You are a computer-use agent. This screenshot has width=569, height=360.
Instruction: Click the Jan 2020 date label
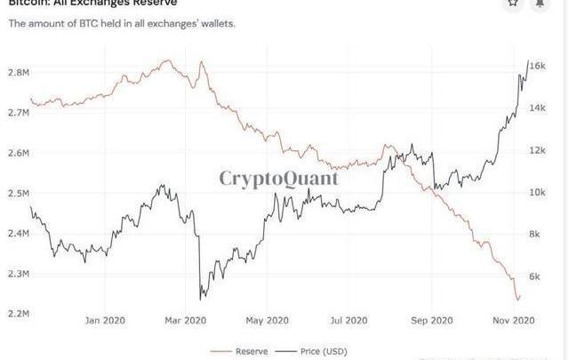pyautogui.click(x=107, y=321)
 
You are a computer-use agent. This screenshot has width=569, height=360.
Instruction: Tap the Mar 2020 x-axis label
pyautogui.click(x=187, y=321)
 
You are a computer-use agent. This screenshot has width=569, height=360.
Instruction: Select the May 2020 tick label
pyautogui.click(x=267, y=321)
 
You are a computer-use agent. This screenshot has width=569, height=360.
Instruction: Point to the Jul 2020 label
pyautogui.click(x=349, y=321)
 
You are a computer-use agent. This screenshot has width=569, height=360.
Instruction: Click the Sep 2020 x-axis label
pyautogui.click(x=431, y=321)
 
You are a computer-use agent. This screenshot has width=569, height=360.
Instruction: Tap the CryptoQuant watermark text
pyautogui.click(x=279, y=178)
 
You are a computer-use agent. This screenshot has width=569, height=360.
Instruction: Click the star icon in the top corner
pyautogui.click(x=513, y=4)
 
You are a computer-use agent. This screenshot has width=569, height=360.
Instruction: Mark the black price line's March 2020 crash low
pyautogui.click(x=201, y=299)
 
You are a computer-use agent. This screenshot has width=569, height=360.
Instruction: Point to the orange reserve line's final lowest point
pyautogui.click(x=517, y=300)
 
